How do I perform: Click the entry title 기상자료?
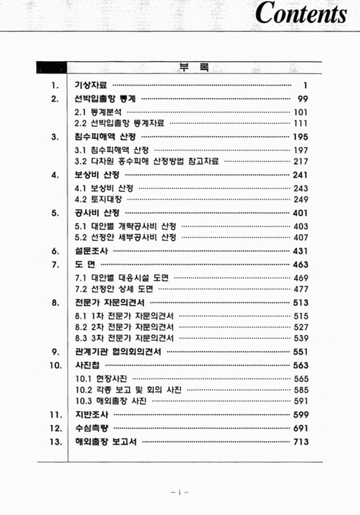(90, 84)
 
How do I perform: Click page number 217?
(301, 161)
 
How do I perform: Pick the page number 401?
(301, 212)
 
